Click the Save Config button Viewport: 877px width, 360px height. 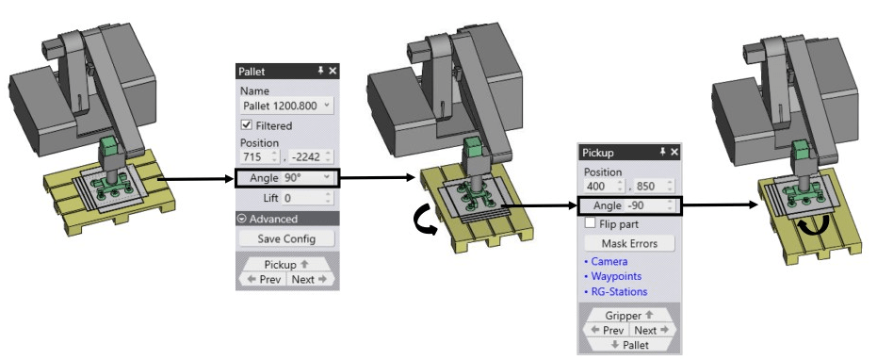click(x=286, y=238)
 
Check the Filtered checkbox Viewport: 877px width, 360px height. click(x=246, y=125)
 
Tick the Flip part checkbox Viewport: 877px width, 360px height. click(x=590, y=223)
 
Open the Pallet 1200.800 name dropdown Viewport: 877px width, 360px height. click(x=287, y=106)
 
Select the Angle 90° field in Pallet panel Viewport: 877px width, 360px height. click(x=286, y=178)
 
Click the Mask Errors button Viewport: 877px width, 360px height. click(x=629, y=243)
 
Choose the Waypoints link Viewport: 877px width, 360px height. click(x=612, y=276)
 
